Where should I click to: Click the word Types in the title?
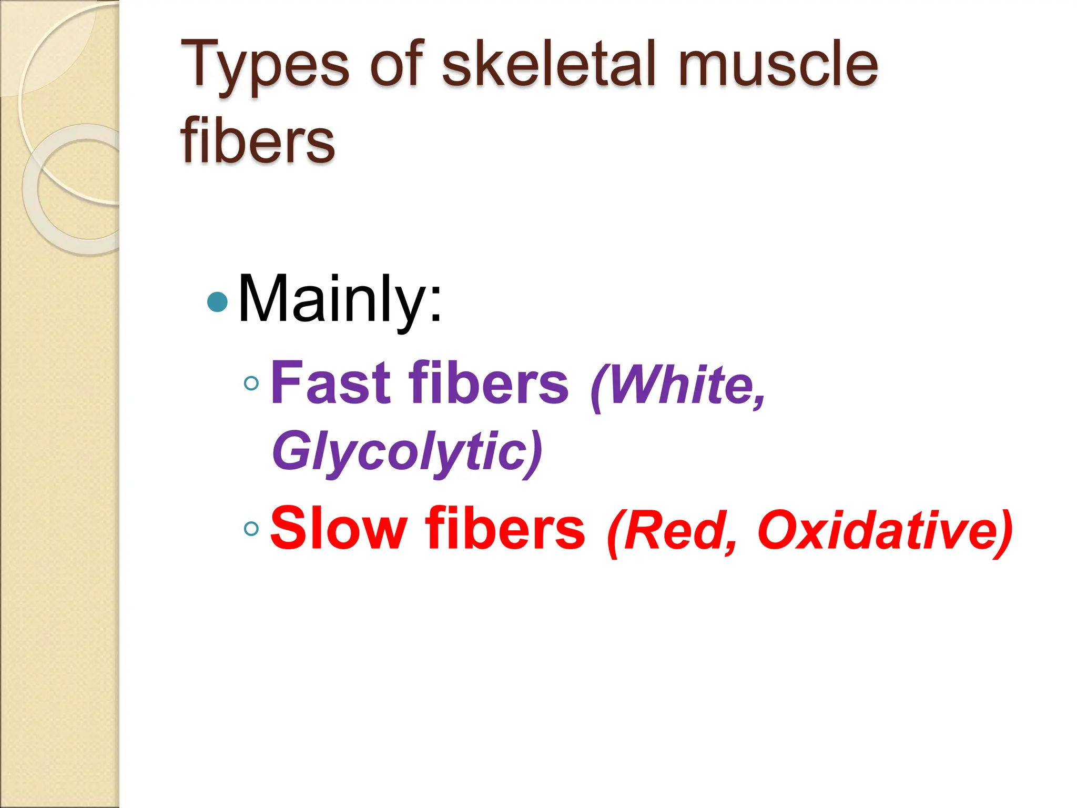click(x=265, y=65)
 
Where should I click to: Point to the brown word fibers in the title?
click(x=258, y=140)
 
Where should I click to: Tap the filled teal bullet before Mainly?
click(x=218, y=302)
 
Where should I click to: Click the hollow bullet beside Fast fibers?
click(x=252, y=383)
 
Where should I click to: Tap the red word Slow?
click(x=339, y=528)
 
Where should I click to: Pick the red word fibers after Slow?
click(x=505, y=528)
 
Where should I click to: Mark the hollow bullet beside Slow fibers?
click(x=252, y=529)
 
